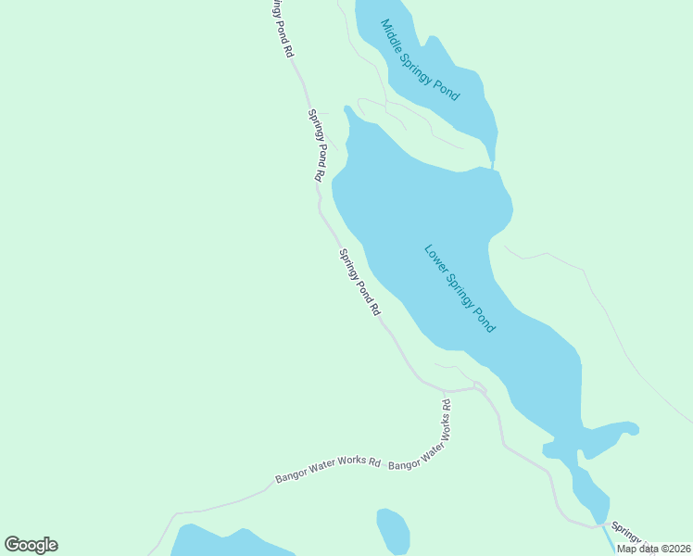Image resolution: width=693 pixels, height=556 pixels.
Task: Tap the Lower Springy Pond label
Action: [460, 288]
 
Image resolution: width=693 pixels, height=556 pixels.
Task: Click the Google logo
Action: [31, 545]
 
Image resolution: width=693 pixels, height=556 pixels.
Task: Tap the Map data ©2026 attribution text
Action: [652, 549]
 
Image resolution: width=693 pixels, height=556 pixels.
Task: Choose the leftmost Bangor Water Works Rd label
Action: [328, 471]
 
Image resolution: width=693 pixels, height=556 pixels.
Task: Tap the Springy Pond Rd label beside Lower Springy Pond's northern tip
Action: [316, 145]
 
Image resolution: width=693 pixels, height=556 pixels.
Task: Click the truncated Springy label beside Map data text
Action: [626, 535]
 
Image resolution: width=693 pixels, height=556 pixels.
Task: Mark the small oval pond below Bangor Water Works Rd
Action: [393, 530]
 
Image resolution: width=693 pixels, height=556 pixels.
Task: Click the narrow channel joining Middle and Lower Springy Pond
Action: [491, 155]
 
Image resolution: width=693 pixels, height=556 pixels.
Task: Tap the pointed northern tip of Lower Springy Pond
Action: [348, 110]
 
